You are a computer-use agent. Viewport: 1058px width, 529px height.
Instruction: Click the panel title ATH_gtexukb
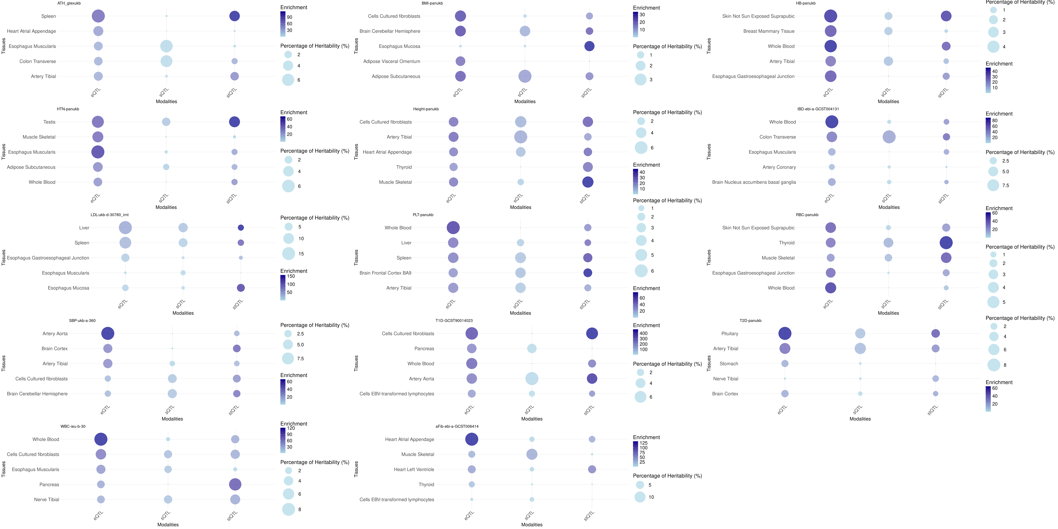point(69,3)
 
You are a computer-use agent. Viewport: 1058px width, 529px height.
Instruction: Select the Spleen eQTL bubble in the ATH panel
point(98,16)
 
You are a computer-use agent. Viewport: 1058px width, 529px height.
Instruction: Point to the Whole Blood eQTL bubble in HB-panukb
point(830,46)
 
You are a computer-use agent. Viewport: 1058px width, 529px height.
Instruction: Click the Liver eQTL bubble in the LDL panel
point(125,228)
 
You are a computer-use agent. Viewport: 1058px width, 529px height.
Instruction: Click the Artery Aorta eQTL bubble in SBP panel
point(108,333)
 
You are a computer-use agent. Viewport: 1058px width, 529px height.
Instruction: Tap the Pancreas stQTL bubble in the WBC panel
point(235,485)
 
